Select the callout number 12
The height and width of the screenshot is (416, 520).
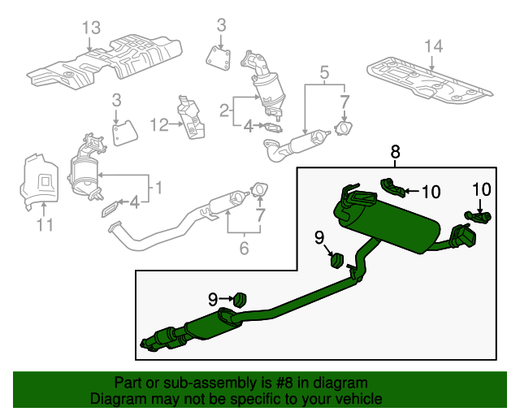coord(158,124)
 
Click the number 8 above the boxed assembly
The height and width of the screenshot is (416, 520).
coord(396,151)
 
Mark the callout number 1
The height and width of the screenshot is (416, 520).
coord(158,188)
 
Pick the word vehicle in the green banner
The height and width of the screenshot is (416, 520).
coord(358,400)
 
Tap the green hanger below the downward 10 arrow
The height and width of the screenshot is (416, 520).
coord(476,216)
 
